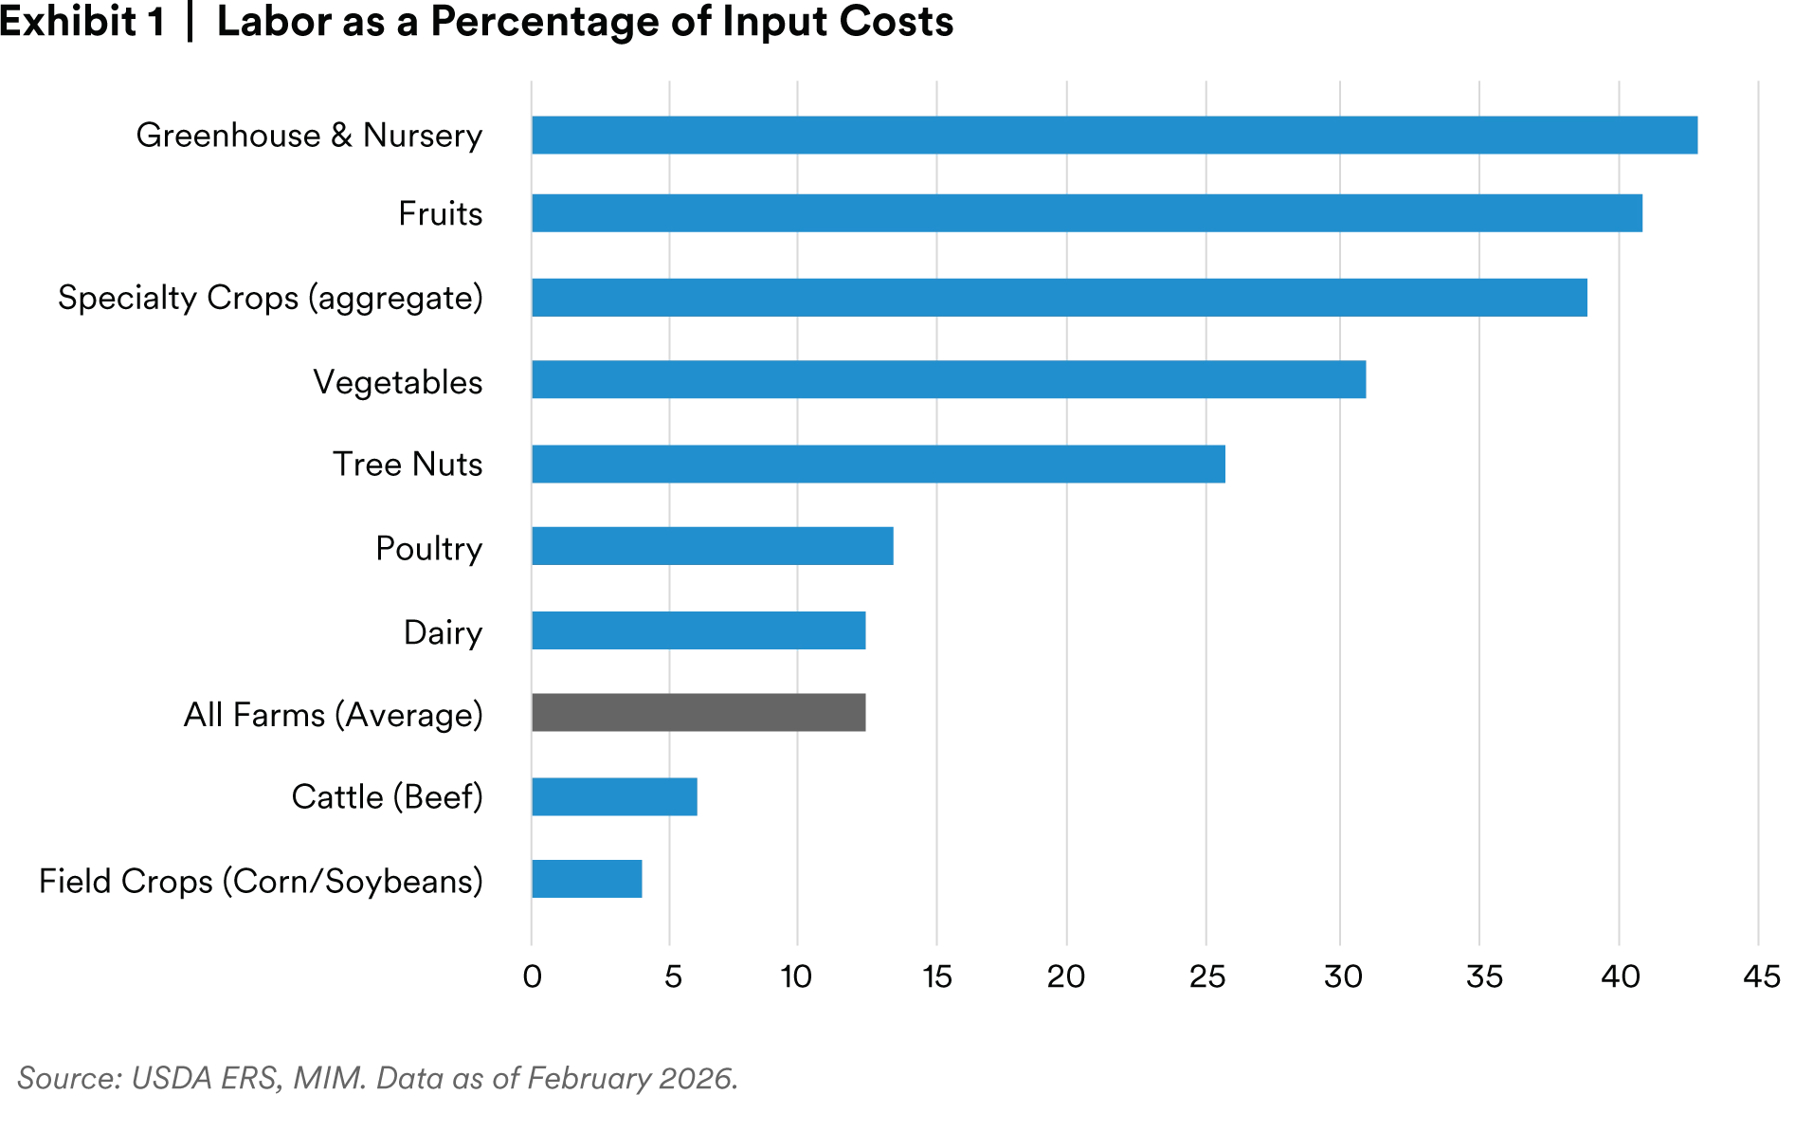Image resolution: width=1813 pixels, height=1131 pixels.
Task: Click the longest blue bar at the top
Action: click(1115, 137)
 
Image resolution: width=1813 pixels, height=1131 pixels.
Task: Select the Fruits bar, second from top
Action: click(1088, 213)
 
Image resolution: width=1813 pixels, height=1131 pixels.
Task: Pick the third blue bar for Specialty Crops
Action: click(1061, 297)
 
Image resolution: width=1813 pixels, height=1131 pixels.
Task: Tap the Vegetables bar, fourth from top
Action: click(952, 380)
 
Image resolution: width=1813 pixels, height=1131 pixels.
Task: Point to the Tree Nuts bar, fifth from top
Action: click(879, 464)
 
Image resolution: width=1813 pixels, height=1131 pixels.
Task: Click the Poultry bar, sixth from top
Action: click(713, 546)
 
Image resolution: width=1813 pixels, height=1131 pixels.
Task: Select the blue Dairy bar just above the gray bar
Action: click(700, 630)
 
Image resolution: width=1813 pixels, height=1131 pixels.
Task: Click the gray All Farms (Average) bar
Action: click(701, 713)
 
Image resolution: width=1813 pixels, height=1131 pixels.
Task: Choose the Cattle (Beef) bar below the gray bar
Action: click(614, 796)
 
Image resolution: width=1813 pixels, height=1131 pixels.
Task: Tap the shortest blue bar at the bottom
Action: click(588, 880)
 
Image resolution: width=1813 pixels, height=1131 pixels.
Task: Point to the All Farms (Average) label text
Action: click(333, 714)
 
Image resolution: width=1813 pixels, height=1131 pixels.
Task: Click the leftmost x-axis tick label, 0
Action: click(532, 978)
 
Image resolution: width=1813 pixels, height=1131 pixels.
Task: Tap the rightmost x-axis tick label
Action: click(1759, 978)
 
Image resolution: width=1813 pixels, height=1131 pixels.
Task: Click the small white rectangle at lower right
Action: click(1796, 979)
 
